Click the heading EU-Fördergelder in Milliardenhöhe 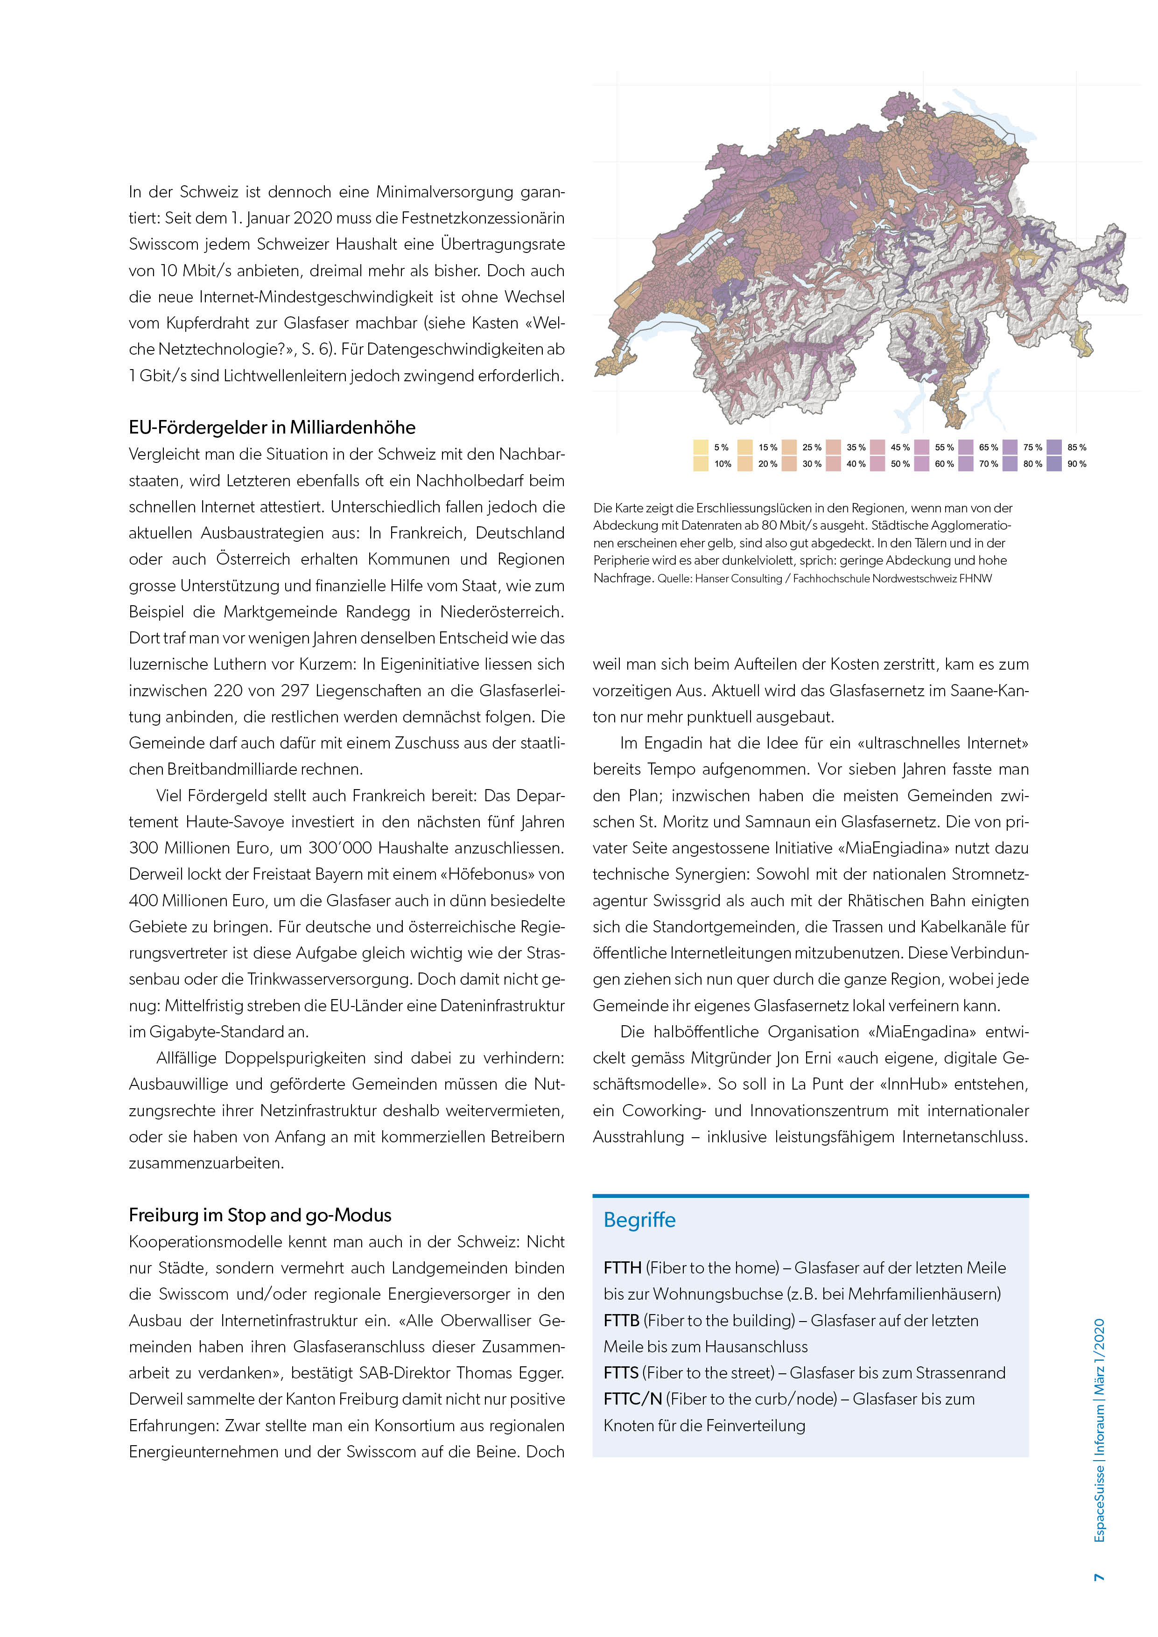(x=272, y=427)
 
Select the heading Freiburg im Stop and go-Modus (x=260, y=1215)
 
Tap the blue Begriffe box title (x=639, y=1220)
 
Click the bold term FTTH (x=623, y=1268)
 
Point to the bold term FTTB (x=622, y=1321)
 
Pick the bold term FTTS (x=621, y=1372)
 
